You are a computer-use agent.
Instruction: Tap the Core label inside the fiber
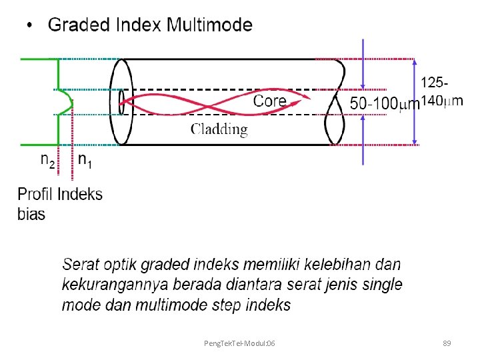[270, 101]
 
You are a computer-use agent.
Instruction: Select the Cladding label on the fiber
[219, 129]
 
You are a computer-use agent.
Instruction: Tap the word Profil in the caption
[35, 195]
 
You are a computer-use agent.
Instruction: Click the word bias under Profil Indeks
[31, 214]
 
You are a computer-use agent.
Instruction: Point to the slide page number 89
[447, 343]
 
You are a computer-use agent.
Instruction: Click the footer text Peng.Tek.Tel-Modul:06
[240, 343]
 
